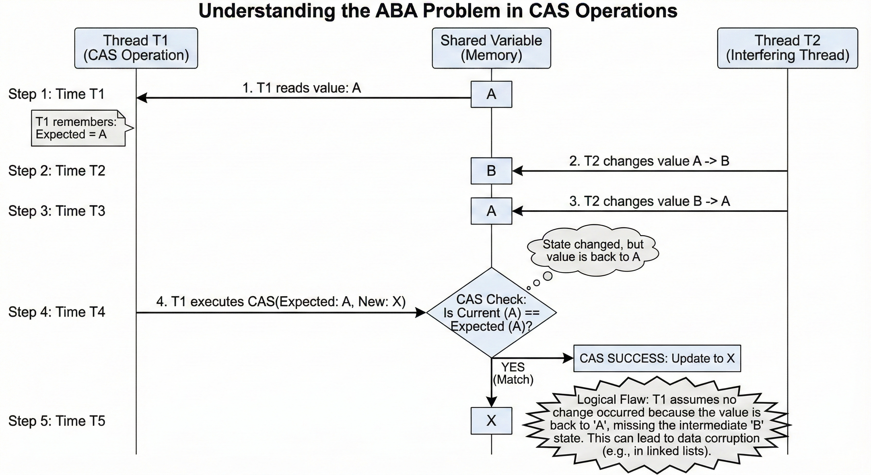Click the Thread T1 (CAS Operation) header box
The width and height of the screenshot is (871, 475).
tap(136, 48)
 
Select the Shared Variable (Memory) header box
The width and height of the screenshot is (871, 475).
tap(491, 48)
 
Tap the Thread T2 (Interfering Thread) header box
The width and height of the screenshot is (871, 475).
tap(787, 48)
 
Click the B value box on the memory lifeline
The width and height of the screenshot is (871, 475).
tap(491, 171)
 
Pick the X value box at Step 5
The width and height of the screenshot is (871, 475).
tap(491, 421)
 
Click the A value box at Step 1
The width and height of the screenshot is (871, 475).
tap(491, 94)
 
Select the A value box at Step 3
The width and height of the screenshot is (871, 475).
tap(491, 211)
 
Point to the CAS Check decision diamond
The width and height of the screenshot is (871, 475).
tap(491, 313)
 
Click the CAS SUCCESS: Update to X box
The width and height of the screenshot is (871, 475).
tap(657, 358)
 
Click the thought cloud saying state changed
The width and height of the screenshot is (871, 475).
tap(593, 250)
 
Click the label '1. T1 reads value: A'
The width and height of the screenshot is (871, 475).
tap(302, 88)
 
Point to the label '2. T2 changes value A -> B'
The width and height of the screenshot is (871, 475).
tap(649, 161)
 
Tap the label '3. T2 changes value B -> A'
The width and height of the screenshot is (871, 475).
tap(650, 201)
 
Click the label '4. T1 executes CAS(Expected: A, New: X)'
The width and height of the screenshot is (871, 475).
tap(281, 301)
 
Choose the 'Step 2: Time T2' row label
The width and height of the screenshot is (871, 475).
tap(57, 171)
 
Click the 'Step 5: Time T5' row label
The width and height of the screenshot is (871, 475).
tap(57, 421)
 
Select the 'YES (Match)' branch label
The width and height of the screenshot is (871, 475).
tap(513, 373)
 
